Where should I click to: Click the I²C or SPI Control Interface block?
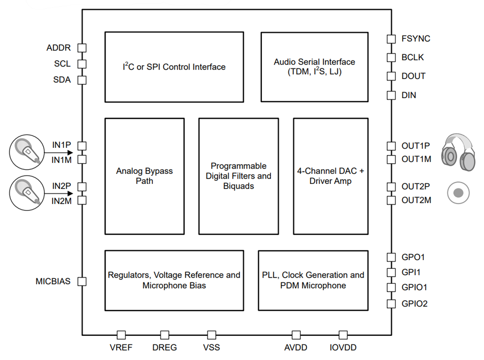tap(174, 67)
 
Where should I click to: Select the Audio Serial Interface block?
tap(314, 67)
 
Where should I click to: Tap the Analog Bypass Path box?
tap(144, 176)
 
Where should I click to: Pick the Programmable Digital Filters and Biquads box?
tap(238, 176)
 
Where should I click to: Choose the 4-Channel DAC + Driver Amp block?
tap(330, 176)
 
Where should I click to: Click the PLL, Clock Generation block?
tap(313, 280)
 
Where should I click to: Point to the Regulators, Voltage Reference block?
tap(174, 280)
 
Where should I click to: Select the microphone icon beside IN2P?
tap(27, 193)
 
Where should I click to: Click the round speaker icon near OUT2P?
tap(458, 193)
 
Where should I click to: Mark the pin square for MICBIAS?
tap(82, 281)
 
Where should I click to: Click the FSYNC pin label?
tap(416, 39)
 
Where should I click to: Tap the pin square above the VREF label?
tap(121, 335)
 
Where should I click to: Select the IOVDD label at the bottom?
tap(343, 348)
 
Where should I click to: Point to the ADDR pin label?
tap(59, 48)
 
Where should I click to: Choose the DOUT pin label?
tap(414, 76)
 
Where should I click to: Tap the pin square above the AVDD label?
tap(296, 335)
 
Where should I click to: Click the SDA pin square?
tap(82, 80)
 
